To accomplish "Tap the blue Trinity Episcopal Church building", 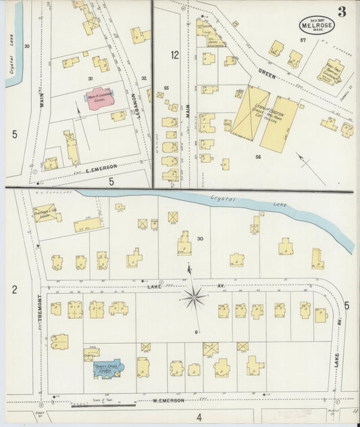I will coord(107,369).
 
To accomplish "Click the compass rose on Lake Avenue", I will coord(194,295).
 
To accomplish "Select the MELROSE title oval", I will coord(317,25).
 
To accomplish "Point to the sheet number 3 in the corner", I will coord(342,11).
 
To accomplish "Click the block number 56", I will coord(258,157).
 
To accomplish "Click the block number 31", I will coord(90,79).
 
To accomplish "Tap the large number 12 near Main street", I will coord(175,55).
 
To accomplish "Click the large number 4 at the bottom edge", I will coord(199,418).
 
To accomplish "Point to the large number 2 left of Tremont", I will coord(14,291).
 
